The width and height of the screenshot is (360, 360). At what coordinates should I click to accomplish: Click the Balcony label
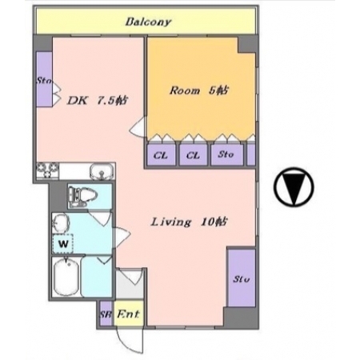[148, 22]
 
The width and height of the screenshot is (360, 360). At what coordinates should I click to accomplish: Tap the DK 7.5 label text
[98, 101]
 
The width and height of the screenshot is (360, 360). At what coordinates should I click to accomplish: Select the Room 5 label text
[199, 90]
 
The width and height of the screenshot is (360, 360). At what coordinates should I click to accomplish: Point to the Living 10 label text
[189, 222]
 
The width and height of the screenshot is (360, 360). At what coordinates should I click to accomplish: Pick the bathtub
[66, 277]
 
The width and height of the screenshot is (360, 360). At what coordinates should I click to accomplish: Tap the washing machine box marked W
[63, 243]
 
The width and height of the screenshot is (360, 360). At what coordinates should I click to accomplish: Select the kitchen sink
[102, 171]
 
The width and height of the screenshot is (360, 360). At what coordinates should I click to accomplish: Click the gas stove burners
[48, 170]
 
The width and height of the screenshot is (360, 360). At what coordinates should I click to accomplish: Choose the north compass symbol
[294, 186]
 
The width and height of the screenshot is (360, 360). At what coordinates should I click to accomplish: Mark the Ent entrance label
[128, 314]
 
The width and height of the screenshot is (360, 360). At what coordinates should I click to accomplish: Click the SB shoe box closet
[106, 314]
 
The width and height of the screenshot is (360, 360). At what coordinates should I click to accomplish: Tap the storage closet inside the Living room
[242, 278]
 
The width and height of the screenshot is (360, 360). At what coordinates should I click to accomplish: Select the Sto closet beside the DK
[44, 79]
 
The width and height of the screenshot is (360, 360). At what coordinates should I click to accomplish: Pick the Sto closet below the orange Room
[227, 154]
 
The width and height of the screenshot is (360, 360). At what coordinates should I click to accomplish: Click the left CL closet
[162, 154]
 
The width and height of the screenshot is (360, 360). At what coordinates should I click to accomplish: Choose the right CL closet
[193, 154]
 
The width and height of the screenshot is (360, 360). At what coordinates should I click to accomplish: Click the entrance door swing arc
[130, 342]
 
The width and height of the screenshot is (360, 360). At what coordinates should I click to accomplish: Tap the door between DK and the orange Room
[138, 127]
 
